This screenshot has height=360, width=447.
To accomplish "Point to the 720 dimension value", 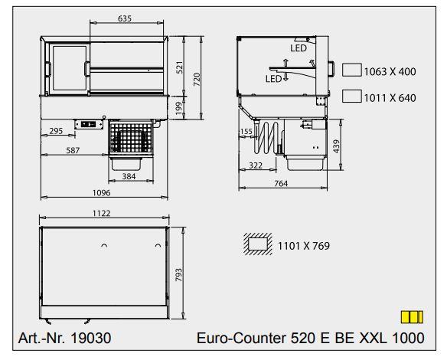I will (197, 78).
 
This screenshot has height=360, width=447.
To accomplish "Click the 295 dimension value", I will (55, 131).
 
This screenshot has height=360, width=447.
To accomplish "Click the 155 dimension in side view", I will (245, 132).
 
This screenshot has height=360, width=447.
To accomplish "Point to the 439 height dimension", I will (338, 146).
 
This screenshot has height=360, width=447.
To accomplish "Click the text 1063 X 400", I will (390, 71).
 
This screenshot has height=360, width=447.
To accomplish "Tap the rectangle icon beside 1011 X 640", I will (351, 97).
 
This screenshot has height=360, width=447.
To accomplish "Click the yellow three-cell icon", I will (412, 317).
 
